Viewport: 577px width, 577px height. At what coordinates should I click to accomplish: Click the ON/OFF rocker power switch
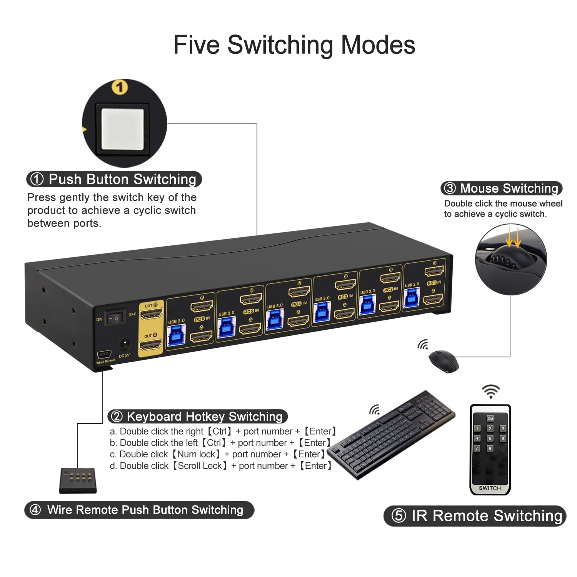pyautogui.click(x=115, y=318)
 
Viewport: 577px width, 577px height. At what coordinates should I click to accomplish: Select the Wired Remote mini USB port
pyautogui.click(x=104, y=354)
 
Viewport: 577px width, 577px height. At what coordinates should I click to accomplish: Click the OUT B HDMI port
pyautogui.click(x=151, y=315)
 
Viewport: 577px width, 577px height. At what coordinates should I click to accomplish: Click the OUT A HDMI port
pyautogui.click(x=150, y=345)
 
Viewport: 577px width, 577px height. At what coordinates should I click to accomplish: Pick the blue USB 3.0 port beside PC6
pyautogui.click(x=177, y=335)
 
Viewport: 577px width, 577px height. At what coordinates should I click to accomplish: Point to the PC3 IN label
pyautogui.click(x=345, y=297)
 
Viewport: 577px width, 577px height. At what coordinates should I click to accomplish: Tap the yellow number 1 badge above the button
pyautogui.click(x=120, y=87)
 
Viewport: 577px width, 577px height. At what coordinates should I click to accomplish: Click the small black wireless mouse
pyautogui.click(x=444, y=361)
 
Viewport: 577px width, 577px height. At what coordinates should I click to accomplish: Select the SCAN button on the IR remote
pyautogui.click(x=490, y=418)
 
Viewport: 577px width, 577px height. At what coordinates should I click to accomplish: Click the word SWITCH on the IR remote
pyautogui.click(x=490, y=488)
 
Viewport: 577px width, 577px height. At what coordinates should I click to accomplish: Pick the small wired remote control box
pyautogui.click(x=78, y=480)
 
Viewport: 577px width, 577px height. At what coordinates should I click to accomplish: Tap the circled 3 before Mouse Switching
pyautogui.click(x=450, y=188)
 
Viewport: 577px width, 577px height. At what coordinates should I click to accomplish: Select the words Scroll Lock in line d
pyautogui.click(x=200, y=466)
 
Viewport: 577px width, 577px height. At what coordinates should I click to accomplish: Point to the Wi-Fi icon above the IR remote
pyautogui.click(x=491, y=391)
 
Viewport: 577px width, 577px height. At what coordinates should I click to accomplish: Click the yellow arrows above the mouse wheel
pyautogui.click(x=513, y=238)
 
